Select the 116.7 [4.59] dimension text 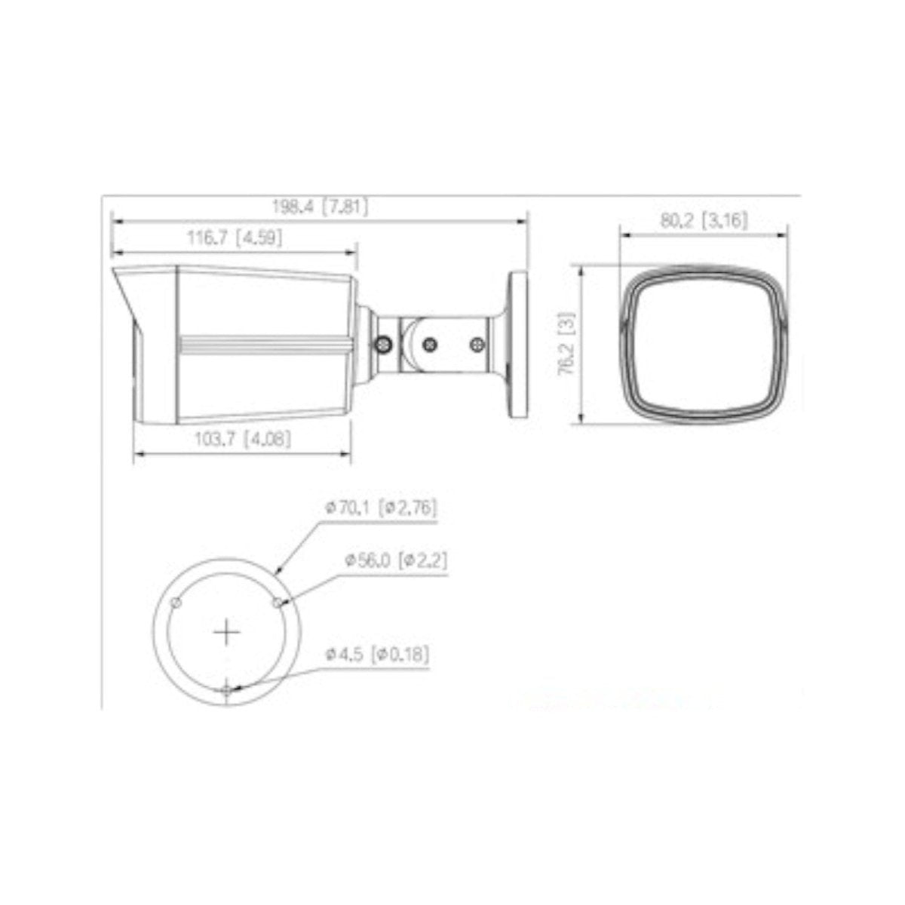235,239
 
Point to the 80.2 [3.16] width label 704,220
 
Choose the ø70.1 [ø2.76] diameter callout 382,508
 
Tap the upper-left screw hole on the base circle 176,602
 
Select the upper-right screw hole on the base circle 277,602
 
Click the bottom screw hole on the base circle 227,689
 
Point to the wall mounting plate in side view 520,344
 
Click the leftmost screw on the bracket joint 383,344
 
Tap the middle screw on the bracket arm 430,344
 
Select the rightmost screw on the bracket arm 475,344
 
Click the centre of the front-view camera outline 704,344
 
